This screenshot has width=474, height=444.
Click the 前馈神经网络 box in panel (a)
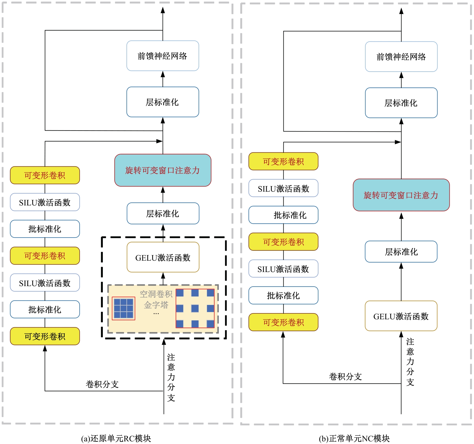click(x=163, y=56)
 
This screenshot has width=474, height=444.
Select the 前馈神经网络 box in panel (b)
click(x=401, y=57)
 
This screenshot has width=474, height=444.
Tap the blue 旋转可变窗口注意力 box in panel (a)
click(x=163, y=170)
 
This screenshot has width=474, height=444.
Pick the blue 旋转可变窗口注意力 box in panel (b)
click(x=401, y=195)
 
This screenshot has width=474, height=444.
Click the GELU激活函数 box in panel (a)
click(x=163, y=257)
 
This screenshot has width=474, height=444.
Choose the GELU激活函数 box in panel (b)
click(x=401, y=316)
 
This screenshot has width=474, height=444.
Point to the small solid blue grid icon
click(x=124, y=308)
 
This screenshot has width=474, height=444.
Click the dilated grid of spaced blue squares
click(x=195, y=308)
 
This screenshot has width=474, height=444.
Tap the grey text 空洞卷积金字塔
click(x=156, y=299)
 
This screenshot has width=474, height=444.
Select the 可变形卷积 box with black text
click(x=45, y=336)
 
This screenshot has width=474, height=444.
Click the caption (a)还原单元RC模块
click(x=116, y=438)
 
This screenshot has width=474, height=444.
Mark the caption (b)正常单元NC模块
click(x=354, y=438)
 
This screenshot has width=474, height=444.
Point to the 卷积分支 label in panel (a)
click(x=102, y=384)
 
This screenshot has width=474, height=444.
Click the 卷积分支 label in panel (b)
click(x=345, y=376)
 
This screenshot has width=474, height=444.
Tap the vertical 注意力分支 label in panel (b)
click(x=410, y=362)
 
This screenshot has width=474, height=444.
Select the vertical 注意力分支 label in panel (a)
click(x=171, y=377)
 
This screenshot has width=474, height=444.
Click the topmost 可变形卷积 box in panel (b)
click(x=283, y=161)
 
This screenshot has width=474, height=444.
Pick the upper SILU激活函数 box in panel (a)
click(x=45, y=202)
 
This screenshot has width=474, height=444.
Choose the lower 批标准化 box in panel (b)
click(x=283, y=295)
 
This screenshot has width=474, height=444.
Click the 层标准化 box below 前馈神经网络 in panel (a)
click(x=163, y=102)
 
